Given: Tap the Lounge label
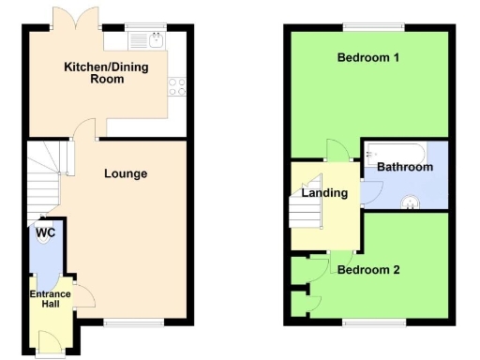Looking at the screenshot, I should coord(126,173).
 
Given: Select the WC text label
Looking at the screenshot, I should coord(46,232).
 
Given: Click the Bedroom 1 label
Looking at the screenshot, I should coord(368,58).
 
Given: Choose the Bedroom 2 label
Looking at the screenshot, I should coord(368,270).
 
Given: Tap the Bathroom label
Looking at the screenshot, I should coord(405,167).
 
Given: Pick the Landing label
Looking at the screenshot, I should coord(324,193).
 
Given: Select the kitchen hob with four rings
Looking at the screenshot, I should coord(175,86).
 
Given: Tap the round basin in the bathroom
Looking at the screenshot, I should coord(410,199).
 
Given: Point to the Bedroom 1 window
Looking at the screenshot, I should coord(368,25).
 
